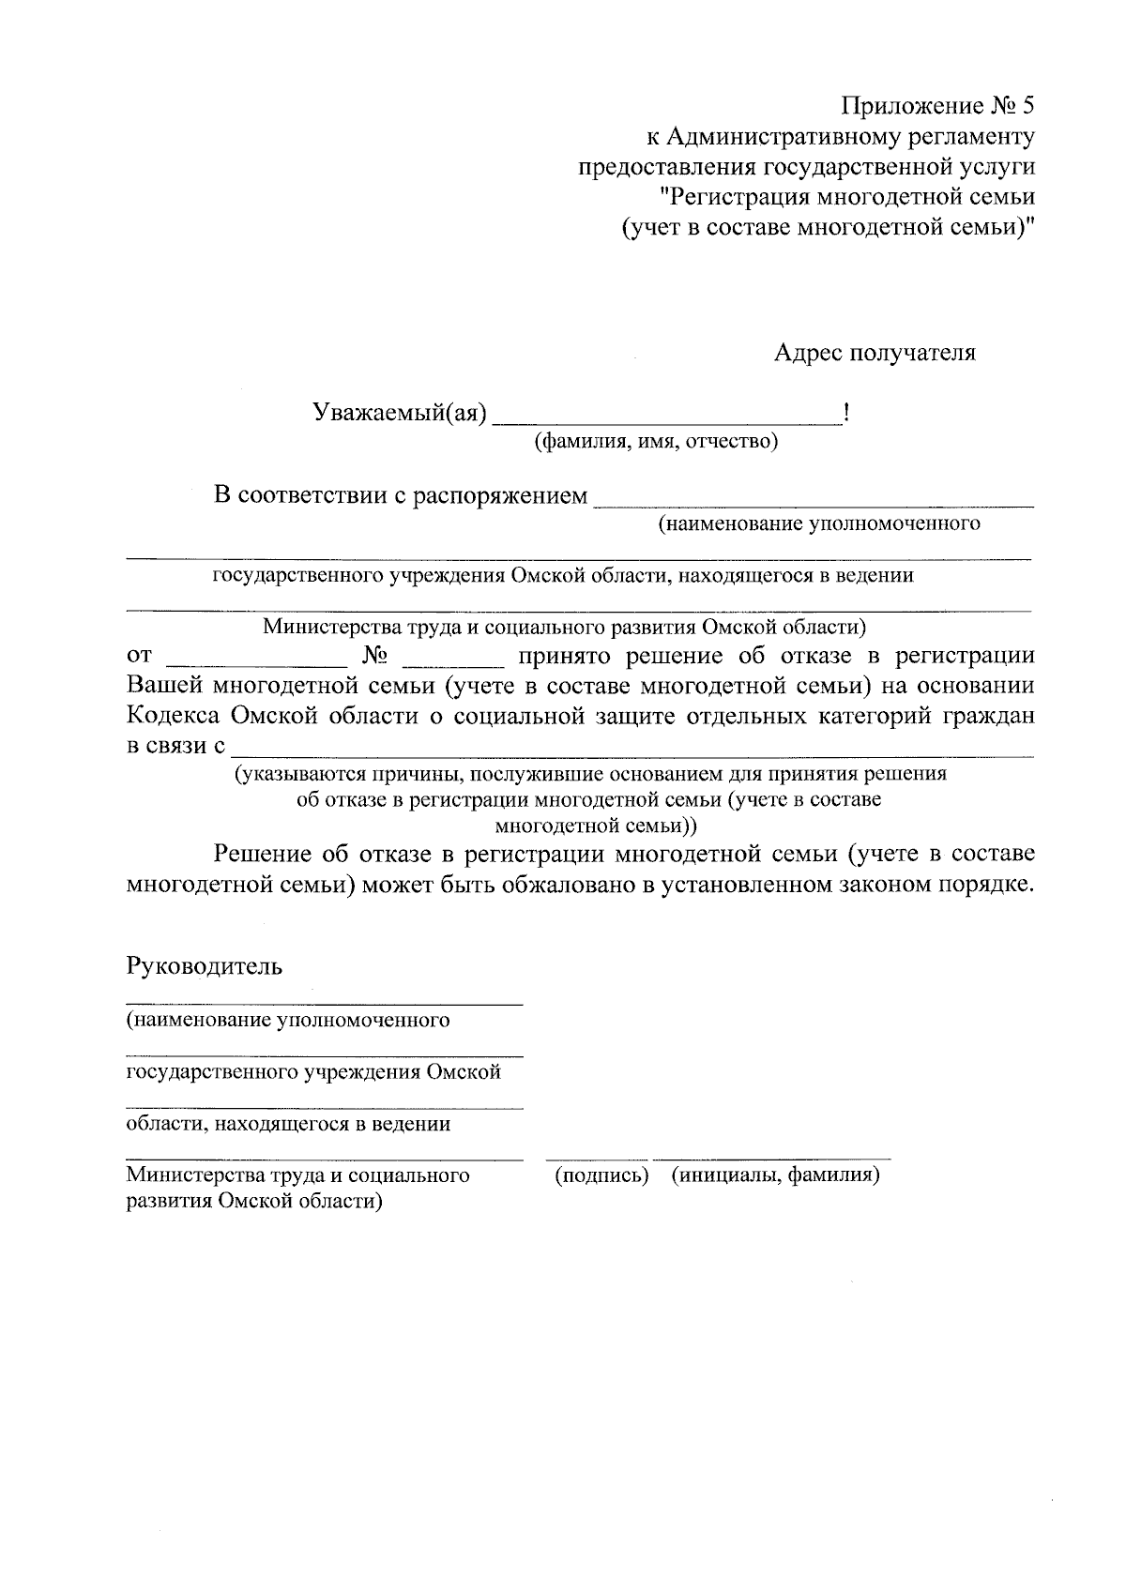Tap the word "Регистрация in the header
[x=733, y=197]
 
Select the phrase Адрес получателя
[x=875, y=353]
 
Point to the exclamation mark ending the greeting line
[x=847, y=413]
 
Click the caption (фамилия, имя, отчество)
[x=656, y=441]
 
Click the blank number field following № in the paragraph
[x=453, y=662]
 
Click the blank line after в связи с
[x=632, y=752]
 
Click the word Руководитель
[x=205, y=966]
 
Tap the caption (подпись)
[x=601, y=1175]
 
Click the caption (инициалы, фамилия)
[x=775, y=1175]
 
